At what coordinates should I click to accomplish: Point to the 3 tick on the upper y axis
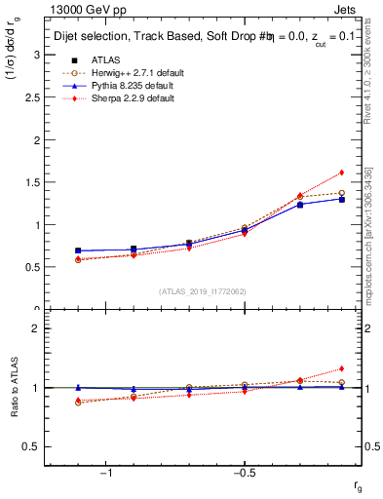click(x=37, y=56)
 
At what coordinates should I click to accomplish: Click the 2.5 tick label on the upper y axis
click(x=32, y=97)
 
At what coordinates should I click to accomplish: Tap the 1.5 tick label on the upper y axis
click(x=32, y=182)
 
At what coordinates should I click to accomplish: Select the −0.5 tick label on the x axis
click(x=243, y=475)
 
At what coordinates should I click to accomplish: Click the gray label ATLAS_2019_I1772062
click(x=203, y=291)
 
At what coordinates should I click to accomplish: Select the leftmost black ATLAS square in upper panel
click(x=78, y=250)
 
